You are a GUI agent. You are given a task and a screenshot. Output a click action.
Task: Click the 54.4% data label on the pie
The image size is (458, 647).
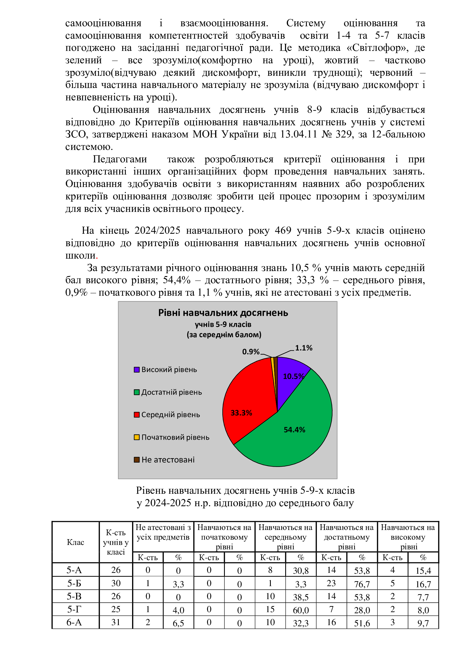294,430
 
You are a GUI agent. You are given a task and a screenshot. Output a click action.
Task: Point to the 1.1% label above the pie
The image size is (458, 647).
303,348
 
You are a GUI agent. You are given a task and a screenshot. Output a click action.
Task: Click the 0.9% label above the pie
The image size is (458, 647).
251,352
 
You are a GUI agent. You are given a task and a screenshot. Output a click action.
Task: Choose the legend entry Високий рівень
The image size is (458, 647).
169,370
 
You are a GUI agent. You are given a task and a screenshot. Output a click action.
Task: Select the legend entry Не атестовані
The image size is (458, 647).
168,460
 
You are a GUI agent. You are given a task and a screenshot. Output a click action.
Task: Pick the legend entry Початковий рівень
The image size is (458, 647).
175,437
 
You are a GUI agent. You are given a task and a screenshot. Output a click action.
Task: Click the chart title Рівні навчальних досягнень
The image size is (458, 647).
223,313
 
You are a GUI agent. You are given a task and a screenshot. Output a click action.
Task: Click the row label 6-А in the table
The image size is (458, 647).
74,622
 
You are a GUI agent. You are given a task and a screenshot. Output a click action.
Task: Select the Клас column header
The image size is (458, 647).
75,542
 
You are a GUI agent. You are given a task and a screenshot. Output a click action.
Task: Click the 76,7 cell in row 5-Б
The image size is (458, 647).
362,584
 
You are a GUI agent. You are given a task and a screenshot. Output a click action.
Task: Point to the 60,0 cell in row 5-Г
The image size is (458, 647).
301,610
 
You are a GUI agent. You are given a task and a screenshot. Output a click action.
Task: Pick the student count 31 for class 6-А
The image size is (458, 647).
116,622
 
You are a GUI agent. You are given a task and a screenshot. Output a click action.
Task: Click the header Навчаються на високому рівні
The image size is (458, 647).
408,537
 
